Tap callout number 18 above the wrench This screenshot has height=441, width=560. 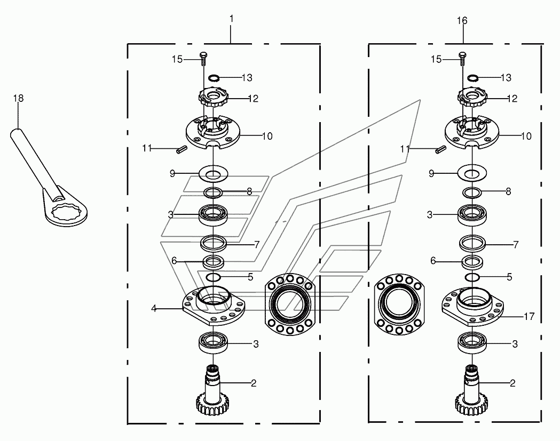tap(18, 98)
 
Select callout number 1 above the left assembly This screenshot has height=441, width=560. tap(232, 19)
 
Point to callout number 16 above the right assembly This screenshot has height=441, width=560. tap(462, 21)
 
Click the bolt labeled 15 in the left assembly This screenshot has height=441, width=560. tap(203, 59)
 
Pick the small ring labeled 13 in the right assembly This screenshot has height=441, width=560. tap(473, 78)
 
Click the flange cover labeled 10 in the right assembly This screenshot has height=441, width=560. tap(472, 131)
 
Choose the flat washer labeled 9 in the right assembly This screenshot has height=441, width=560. tap(472, 174)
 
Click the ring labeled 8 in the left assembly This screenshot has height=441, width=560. tap(213, 193)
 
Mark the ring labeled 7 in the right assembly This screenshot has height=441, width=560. tap(472, 244)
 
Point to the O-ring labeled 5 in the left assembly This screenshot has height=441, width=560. tap(213, 277)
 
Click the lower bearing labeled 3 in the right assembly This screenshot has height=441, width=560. tap(472, 343)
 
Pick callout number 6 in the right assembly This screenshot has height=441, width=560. tap(433, 261)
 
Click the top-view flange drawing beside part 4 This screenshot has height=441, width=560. tap(290, 304)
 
